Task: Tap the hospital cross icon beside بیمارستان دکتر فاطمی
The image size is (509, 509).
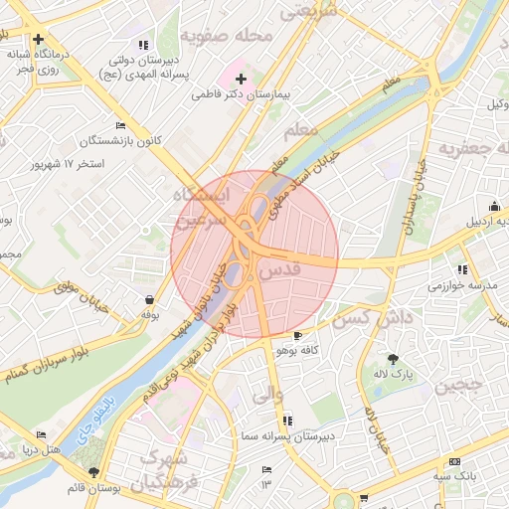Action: (x=241, y=78)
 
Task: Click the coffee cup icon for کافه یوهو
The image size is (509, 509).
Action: (x=297, y=336)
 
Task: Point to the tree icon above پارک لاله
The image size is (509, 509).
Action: (x=394, y=359)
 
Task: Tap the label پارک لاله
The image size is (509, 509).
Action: (x=394, y=375)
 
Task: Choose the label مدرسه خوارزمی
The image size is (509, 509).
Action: (x=461, y=285)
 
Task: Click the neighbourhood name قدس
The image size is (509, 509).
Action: (x=279, y=269)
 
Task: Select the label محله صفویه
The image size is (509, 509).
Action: (x=227, y=38)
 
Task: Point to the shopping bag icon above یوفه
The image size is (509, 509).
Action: (x=149, y=299)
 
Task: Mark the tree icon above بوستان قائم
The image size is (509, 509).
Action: (x=93, y=472)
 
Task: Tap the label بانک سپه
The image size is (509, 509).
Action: (x=454, y=476)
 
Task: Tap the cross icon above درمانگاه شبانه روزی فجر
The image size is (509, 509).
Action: (x=38, y=40)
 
